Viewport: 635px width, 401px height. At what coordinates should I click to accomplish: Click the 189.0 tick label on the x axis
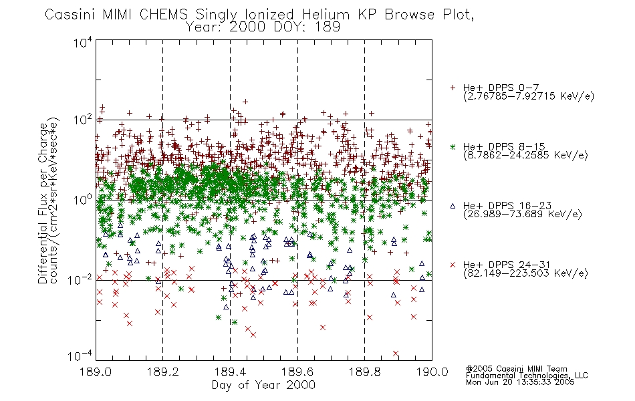click(96, 372)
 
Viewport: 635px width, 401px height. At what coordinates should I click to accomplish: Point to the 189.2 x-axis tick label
click(163, 372)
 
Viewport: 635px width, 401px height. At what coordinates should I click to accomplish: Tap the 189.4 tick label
click(230, 372)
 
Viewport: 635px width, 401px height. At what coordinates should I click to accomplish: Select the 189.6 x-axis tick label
click(297, 372)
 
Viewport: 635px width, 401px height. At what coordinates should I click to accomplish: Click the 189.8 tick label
click(364, 372)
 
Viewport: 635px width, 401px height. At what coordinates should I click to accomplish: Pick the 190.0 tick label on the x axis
click(432, 372)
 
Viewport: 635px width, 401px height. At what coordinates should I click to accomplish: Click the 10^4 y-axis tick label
click(83, 42)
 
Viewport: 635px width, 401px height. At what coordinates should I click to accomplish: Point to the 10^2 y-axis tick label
click(83, 120)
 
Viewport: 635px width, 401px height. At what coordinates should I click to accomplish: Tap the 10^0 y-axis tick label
click(83, 200)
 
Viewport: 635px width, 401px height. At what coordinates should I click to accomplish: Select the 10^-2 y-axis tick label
click(80, 279)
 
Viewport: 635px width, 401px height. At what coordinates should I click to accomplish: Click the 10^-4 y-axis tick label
click(80, 356)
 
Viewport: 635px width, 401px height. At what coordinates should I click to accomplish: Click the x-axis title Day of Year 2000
click(263, 385)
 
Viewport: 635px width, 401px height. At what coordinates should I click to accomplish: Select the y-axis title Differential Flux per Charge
click(43, 203)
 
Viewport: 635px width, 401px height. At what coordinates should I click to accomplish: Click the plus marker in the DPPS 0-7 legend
click(453, 88)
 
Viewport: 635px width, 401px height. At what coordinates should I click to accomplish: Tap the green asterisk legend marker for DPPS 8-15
click(453, 146)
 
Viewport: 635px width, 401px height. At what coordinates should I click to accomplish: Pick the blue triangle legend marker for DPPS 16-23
click(453, 206)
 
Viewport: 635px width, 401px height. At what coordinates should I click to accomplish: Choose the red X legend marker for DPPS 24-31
click(453, 265)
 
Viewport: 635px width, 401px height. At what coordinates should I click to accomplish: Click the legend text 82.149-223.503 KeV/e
click(525, 273)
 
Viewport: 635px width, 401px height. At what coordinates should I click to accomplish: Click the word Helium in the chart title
click(326, 15)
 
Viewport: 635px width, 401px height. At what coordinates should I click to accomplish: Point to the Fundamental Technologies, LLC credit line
click(527, 376)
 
